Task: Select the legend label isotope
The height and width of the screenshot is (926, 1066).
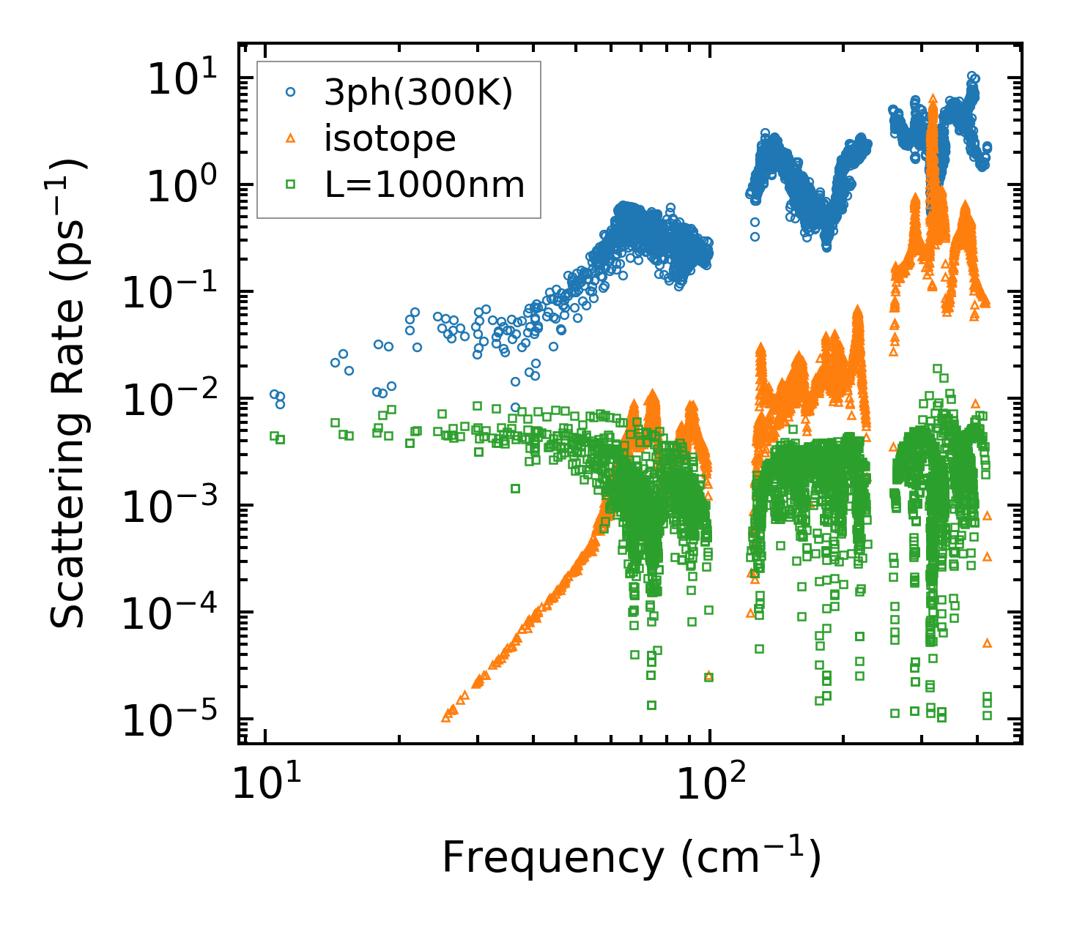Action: [x=390, y=138]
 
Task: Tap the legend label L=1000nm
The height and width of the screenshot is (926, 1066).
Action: [x=425, y=185]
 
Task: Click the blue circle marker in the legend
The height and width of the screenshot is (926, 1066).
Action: [x=291, y=92]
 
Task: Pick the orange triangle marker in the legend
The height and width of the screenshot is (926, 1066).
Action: [x=291, y=138]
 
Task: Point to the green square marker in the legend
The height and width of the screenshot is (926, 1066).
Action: [x=291, y=184]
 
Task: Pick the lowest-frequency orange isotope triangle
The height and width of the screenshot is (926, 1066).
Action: [x=445, y=717]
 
